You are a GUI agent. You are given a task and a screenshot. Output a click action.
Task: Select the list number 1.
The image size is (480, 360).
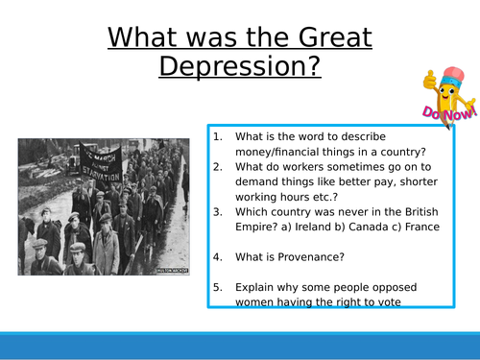click(x=218, y=135)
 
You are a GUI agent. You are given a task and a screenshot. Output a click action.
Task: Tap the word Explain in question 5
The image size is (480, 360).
click(x=258, y=285)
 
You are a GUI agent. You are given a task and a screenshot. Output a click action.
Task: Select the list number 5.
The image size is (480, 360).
click(x=218, y=285)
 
